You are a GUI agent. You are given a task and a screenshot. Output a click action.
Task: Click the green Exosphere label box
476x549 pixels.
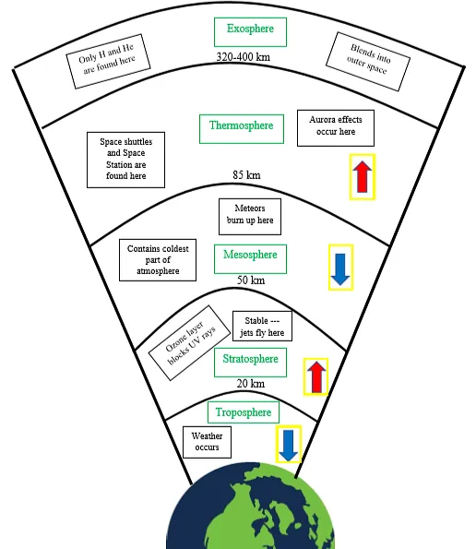(x=250, y=32)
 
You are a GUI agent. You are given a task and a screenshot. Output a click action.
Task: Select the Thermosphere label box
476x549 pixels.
(x=242, y=129)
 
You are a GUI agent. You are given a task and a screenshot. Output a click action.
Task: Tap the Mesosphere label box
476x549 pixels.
(x=250, y=259)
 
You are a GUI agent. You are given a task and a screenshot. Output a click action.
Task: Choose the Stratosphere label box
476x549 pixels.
(x=250, y=363)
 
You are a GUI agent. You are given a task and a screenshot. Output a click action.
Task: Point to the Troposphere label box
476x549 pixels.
(x=244, y=412)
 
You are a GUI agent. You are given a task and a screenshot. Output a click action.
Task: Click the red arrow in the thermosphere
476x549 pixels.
(x=363, y=177)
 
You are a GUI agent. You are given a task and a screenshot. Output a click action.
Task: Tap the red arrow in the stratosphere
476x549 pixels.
(x=316, y=377)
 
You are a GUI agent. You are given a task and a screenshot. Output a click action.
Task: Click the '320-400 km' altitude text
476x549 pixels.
(x=244, y=56)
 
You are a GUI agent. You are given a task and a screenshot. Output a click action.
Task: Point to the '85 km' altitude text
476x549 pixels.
(x=246, y=174)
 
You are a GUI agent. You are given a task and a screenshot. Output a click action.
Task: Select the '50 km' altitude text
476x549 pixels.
(x=251, y=280)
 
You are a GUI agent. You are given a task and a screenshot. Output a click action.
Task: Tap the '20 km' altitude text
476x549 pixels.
(x=251, y=384)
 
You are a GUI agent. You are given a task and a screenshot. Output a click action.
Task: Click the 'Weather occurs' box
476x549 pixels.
(x=207, y=442)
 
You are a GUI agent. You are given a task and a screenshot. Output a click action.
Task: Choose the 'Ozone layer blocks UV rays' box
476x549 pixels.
(x=190, y=342)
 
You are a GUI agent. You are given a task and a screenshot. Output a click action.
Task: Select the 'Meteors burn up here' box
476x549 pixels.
(x=250, y=217)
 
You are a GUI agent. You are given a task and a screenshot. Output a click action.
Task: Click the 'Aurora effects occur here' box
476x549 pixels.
(x=336, y=128)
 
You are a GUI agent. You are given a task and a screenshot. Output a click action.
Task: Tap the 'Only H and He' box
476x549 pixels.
(x=108, y=61)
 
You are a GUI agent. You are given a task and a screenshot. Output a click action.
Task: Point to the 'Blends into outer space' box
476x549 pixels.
(x=368, y=62)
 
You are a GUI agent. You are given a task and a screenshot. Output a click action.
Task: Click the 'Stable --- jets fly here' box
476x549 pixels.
(x=262, y=326)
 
